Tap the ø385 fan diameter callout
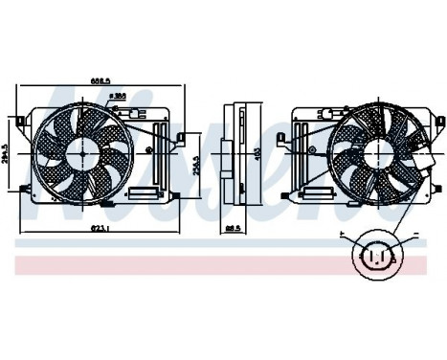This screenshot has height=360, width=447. (120, 97)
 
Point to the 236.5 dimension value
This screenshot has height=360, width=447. (194, 164)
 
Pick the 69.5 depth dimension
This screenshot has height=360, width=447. (233, 228)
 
